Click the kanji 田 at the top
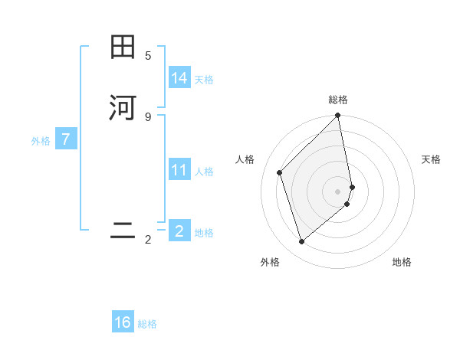click(x=123, y=47)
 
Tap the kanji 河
click(x=123, y=108)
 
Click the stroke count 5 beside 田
click(x=148, y=55)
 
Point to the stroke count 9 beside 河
click(x=148, y=116)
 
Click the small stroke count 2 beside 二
click(x=148, y=240)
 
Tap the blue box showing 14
click(x=179, y=77)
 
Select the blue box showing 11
click(x=179, y=169)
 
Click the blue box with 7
click(x=67, y=139)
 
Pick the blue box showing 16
click(x=123, y=322)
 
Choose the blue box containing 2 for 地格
click(x=179, y=231)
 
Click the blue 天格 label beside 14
click(x=204, y=80)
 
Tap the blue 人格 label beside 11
click(x=204, y=172)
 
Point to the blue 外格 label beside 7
click(x=41, y=141)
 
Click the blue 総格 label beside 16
click(x=147, y=324)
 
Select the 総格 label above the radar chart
click(x=338, y=100)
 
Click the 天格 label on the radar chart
click(x=431, y=159)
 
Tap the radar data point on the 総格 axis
click(x=338, y=116)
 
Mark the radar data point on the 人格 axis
click(x=280, y=172)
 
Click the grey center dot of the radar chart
click(x=338, y=191)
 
